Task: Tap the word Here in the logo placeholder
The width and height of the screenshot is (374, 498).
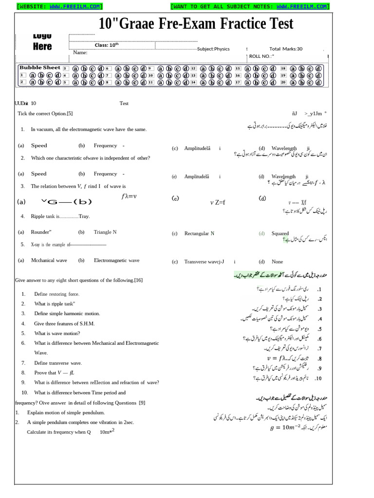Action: point(42,47)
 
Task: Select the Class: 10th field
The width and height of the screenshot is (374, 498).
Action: point(106,45)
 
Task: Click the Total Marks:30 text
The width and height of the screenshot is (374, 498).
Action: point(286,49)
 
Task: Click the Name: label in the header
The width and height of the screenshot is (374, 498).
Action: point(80,53)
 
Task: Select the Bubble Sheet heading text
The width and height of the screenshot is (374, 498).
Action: point(40,68)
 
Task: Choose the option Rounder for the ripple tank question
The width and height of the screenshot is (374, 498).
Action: point(41,232)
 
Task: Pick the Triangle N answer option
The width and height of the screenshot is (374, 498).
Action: point(105,232)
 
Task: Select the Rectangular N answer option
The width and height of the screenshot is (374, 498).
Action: point(199,234)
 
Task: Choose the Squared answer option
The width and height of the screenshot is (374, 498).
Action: point(280,233)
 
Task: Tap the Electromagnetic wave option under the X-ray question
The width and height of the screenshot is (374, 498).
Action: point(116,261)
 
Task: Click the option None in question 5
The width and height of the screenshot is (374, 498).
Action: point(277,262)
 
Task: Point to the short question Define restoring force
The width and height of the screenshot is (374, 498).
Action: point(56,294)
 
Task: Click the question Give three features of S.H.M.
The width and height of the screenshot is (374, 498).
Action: point(64,323)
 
